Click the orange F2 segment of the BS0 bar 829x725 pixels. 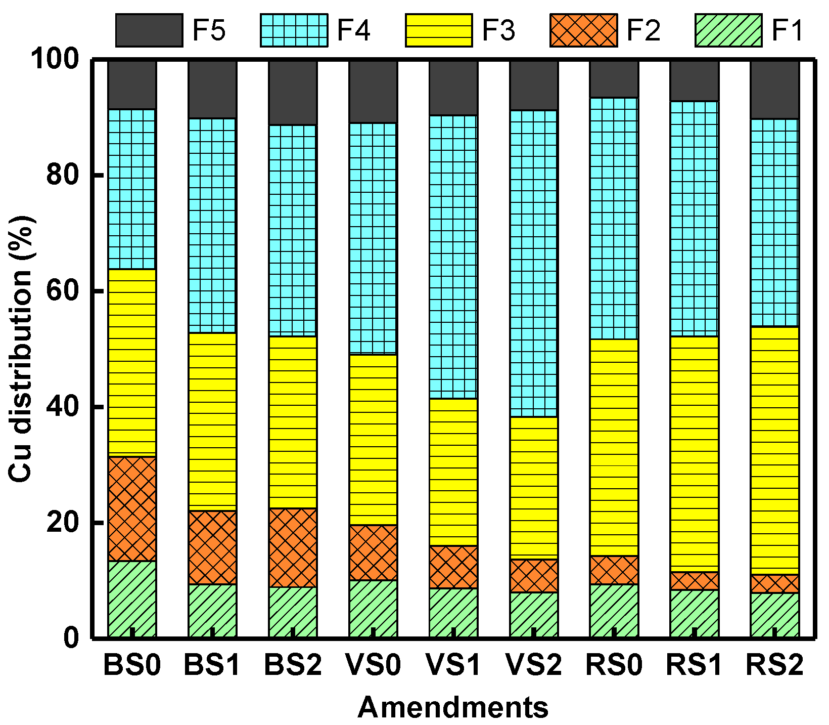(x=132, y=509)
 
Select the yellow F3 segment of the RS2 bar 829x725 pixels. (x=774, y=450)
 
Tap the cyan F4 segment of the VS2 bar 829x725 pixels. (x=534, y=263)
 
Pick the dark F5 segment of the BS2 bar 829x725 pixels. (x=293, y=93)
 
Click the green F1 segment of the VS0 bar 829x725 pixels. (x=373, y=608)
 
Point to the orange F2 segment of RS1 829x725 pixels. (x=694, y=581)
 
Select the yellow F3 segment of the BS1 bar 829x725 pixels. (x=212, y=421)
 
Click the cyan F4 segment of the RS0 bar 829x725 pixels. (x=614, y=218)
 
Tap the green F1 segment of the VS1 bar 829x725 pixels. (x=453, y=612)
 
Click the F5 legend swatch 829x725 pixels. (x=149, y=30)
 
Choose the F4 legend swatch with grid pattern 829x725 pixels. (x=294, y=30)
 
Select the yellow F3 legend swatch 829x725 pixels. (x=438, y=30)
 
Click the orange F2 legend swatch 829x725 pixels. (x=583, y=30)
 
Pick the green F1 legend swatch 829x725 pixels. (x=728, y=30)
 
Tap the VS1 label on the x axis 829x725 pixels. (x=453, y=665)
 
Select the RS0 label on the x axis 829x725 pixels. (x=614, y=665)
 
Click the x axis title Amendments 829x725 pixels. (x=453, y=707)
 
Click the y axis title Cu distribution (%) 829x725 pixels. (x=21, y=349)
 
